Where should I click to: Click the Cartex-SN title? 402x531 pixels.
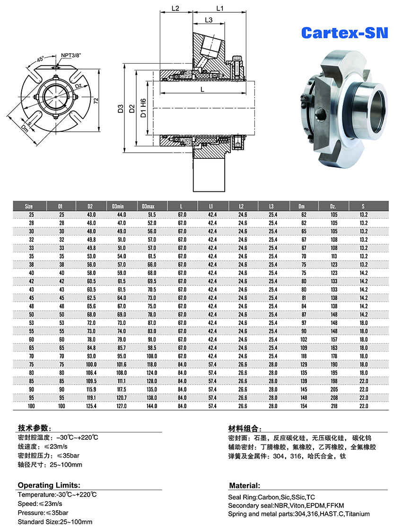point(344,33)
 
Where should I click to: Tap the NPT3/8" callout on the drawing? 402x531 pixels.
point(71,55)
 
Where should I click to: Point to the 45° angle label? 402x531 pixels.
point(41,59)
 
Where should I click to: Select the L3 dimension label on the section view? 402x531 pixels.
point(209,20)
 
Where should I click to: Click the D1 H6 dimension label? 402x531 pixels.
point(143,108)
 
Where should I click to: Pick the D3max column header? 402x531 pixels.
point(148,206)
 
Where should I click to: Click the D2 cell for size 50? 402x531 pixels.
point(91,315)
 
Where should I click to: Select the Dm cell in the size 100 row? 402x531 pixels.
point(304,406)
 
